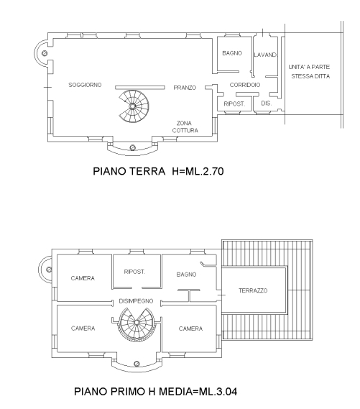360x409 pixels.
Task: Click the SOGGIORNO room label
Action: pyautogui.click(x=85, y=85)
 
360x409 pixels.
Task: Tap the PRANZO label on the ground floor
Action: pyautogui.click(x=185, y=88)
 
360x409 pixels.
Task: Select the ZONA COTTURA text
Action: pyautogui.click(x=185, y=127)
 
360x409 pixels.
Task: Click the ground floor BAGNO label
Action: pyautogui.click(x=232, y=53)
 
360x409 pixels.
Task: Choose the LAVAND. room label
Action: pyautogui.click(x=265, y=55)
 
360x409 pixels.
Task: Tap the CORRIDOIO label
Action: pyautogui.click(x=245, y=85)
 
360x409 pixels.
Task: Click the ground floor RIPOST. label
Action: pyautogui.click(x=234, y=104)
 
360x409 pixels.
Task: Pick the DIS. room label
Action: pyautogui.click(x=267, y=104)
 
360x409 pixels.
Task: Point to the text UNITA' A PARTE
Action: pyautogui.click(x=309, y=67)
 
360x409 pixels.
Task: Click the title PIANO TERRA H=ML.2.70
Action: pyautogui.click(x=158, y=171)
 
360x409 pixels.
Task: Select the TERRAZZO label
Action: pyautogui.click(x=253, y=290)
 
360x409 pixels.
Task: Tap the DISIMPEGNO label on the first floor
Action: pyautogui.click(x=136, y=301)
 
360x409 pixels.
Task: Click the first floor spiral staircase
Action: pyautogui.click(x=137, y=323)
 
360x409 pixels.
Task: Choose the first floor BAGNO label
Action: pyautogui.click(x=186, y=275)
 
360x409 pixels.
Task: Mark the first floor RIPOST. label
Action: pyautogui.click(x=134, y=272)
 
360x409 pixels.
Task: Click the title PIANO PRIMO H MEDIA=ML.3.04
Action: pyautogui.click(x=156, y=392)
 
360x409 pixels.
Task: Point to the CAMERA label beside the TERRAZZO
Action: pyautogui.click(x=190, y=328)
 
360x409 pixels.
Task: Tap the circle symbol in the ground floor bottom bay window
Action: pyautogui.click(x=132, y=147)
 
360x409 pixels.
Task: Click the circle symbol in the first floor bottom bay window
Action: pyautogui.click(x=137, y=364)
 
